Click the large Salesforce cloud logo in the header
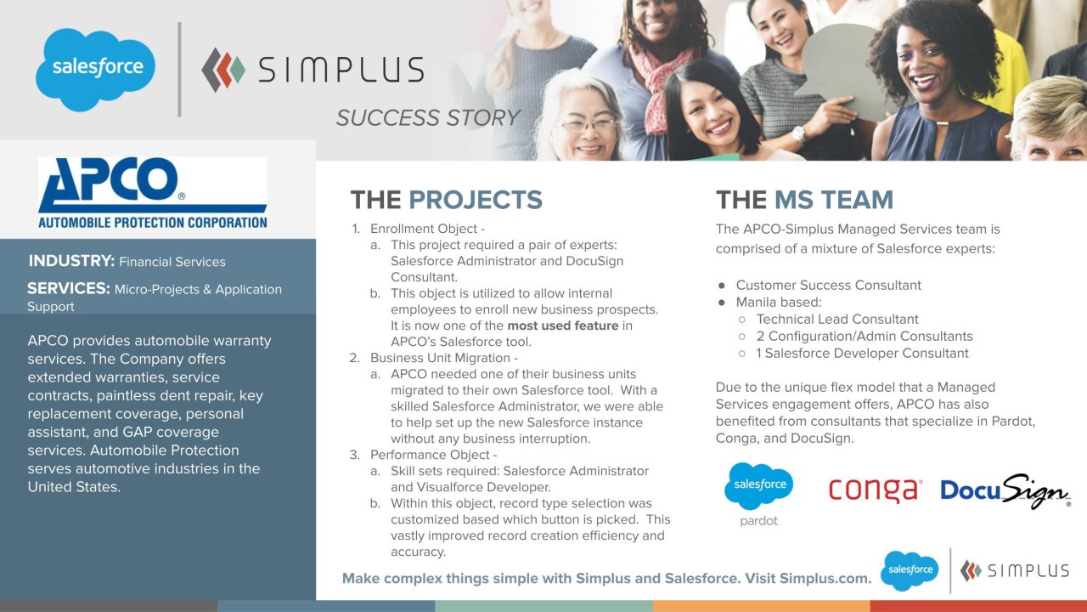click(96, 70)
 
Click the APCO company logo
click(152, 193)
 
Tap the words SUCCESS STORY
click(428, 118)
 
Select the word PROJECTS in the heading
click(476, 200)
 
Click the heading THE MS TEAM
click(804, 200)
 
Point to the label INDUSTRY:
click(71, 261)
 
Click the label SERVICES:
click(69, 288)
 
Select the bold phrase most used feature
click(563, 326)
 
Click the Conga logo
click(876, 490)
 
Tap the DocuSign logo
click(1005, 490)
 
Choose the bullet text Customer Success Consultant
click(828, 285)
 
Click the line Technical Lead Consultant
click(837, 319)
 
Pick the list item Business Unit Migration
click(440, 358)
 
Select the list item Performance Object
click(430, 455)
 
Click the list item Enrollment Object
click(424, 229)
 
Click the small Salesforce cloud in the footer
click(910, 570)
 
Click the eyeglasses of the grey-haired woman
click(589, 125)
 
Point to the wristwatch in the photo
click(798, 133)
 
